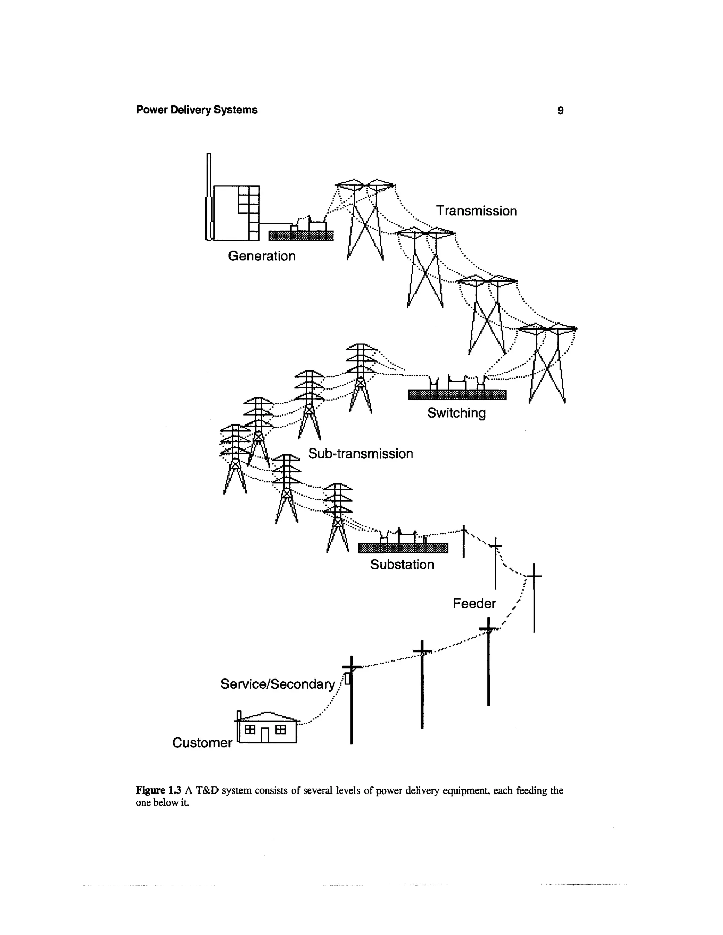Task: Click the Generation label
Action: (262, 256)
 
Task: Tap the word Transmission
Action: (476, 211)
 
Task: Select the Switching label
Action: (456, 413)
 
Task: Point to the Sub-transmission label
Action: (361, 453)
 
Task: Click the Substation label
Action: (402, 564)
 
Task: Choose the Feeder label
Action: (474, 603)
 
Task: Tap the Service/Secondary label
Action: (277, 684)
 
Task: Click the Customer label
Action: (202, 742)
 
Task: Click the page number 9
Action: (560, 110)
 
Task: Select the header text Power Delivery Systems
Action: (197, 110)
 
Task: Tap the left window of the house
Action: (250, 729)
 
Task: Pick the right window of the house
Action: (281, 729)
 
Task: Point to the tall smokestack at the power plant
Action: (209, 197)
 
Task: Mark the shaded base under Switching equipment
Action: (457, 394)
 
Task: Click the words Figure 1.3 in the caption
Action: (159, 790)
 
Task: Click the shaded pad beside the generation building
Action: (301, 235)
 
